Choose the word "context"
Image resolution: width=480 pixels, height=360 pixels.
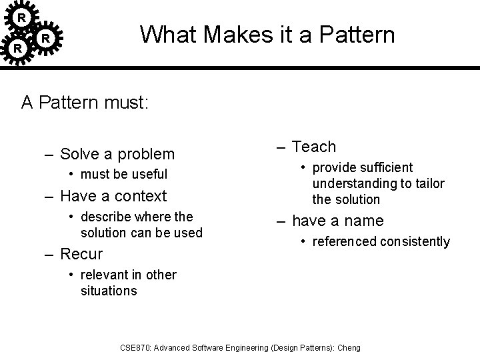click(x=141, y=196)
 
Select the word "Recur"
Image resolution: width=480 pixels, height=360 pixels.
click(x=81, y=254)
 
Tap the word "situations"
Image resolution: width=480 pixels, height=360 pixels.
click(x=108, y=291)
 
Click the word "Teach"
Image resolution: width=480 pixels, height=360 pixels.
click(x=314, y=147)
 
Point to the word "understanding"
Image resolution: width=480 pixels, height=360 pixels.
click(x=353, y=183)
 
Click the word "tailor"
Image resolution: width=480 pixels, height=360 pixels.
click(x=429, y=183)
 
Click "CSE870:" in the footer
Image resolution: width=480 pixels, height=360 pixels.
click(x=138, y=348)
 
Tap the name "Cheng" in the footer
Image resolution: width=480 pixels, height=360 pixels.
click(x=349, y=348)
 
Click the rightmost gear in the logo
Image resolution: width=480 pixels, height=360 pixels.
click(x=45, y=39)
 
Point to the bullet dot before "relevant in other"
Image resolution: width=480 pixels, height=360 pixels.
click(x=72, y=275)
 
